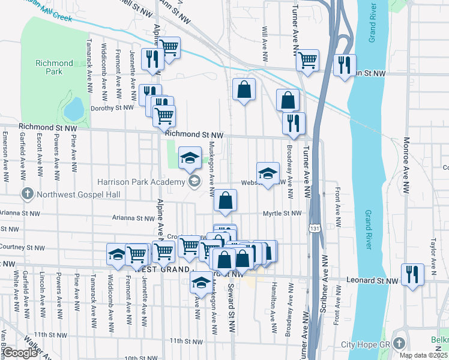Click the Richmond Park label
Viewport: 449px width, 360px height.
(x=49, y=67)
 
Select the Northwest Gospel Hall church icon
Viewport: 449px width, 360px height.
(x=26, y=194)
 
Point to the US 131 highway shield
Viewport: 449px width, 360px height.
(x=314, y=228)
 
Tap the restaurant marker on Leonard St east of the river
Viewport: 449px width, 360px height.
(x=412, y=275)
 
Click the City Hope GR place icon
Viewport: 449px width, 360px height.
(x=400, y=343)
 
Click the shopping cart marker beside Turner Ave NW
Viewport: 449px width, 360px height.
(x=307, y=60)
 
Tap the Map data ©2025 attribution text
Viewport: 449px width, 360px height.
(x=423, y=355)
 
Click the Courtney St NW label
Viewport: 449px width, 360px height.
(x=19, y=246)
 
